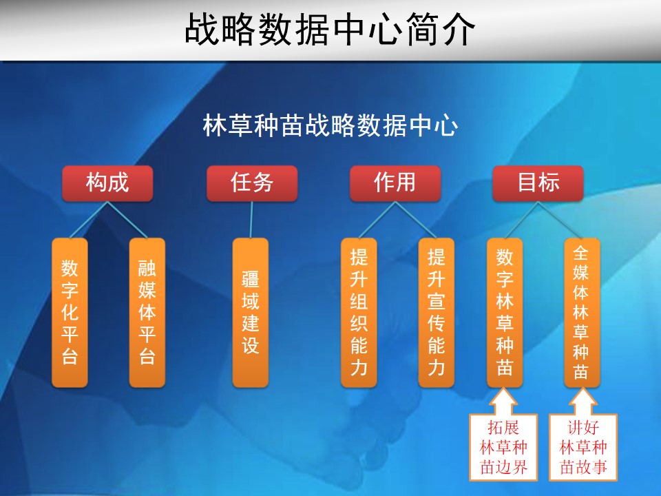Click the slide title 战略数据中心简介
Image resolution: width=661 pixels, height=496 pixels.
click(x=330, y=30)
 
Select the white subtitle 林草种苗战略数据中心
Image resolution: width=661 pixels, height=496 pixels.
click(x=330, y=125)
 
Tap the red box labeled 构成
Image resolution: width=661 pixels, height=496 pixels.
click(x=107, y=183)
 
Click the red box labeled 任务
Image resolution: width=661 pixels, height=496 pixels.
click(x=252, y=183)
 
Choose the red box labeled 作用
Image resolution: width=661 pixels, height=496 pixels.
click(x=395, y=183)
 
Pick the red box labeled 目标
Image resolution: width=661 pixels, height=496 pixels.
click(x=538, y=183)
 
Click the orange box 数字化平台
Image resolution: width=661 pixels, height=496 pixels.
click(x=70, y=313)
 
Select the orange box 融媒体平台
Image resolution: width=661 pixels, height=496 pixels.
click(x=147, y=313)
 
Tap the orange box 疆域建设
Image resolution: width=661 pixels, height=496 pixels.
click(x=251, y=313)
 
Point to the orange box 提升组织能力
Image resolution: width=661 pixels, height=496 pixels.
click(x=359, y=313)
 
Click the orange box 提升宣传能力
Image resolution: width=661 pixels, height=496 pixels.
click(x=437, y=313)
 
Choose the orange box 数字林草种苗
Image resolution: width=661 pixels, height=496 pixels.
click(x=505, y=313)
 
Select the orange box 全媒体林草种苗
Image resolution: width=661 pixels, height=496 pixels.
click(x=583, y=313)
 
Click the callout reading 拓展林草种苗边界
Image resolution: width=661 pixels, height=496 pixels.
click(x=503, y=447)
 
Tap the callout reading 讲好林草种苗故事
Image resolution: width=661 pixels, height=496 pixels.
click(x=583, y=447)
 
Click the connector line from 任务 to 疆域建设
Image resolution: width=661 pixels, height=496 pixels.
click(x=251, y=220)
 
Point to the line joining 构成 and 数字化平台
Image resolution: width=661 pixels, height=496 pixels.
click(x=89, y=220)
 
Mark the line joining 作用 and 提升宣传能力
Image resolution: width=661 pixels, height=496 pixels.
click(x=416, y=220)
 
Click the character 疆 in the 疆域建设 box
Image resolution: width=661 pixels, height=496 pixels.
click(x=251, y=279)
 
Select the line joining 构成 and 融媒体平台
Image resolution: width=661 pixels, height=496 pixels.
click(x=127, y=220)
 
